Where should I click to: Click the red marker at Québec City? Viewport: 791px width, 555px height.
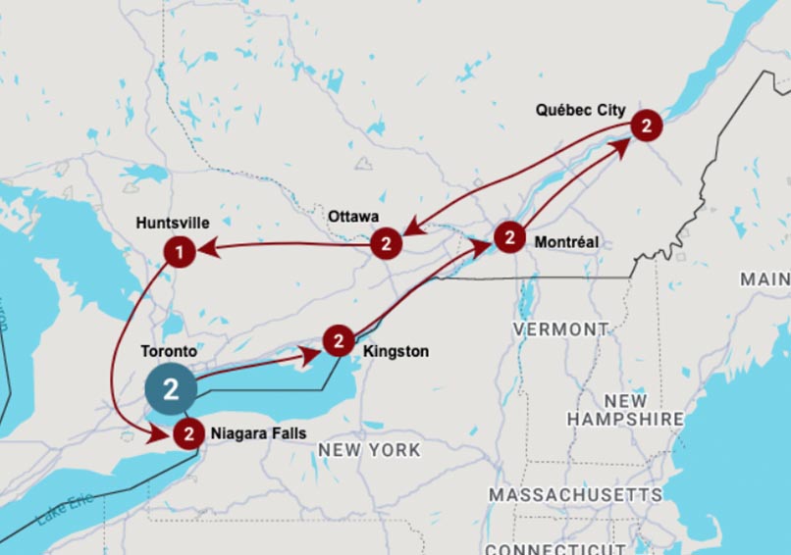(646, 126)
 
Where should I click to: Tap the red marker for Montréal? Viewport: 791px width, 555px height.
(508, 237)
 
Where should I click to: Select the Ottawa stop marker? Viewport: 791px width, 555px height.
(387, 243)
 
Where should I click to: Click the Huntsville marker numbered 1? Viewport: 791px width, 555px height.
(179, 252)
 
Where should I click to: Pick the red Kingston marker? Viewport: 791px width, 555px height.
(338, 341)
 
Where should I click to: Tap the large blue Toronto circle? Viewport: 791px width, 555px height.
(171, 389)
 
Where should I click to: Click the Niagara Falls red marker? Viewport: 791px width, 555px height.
(188, 432)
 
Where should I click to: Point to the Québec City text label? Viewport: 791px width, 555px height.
(580, 110)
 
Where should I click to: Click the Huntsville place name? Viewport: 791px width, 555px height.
(173, 224)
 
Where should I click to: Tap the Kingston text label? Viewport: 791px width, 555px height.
(395, 351)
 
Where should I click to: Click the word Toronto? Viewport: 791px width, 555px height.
(169, 350)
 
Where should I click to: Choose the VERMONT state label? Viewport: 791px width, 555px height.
(560, 329)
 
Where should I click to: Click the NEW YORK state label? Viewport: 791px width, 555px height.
(369, 450)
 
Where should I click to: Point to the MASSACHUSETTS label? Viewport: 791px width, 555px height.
(575, 494)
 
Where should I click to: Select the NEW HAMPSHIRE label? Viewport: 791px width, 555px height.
(625, 410)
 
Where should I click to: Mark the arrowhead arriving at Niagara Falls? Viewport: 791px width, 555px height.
(161, 435)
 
